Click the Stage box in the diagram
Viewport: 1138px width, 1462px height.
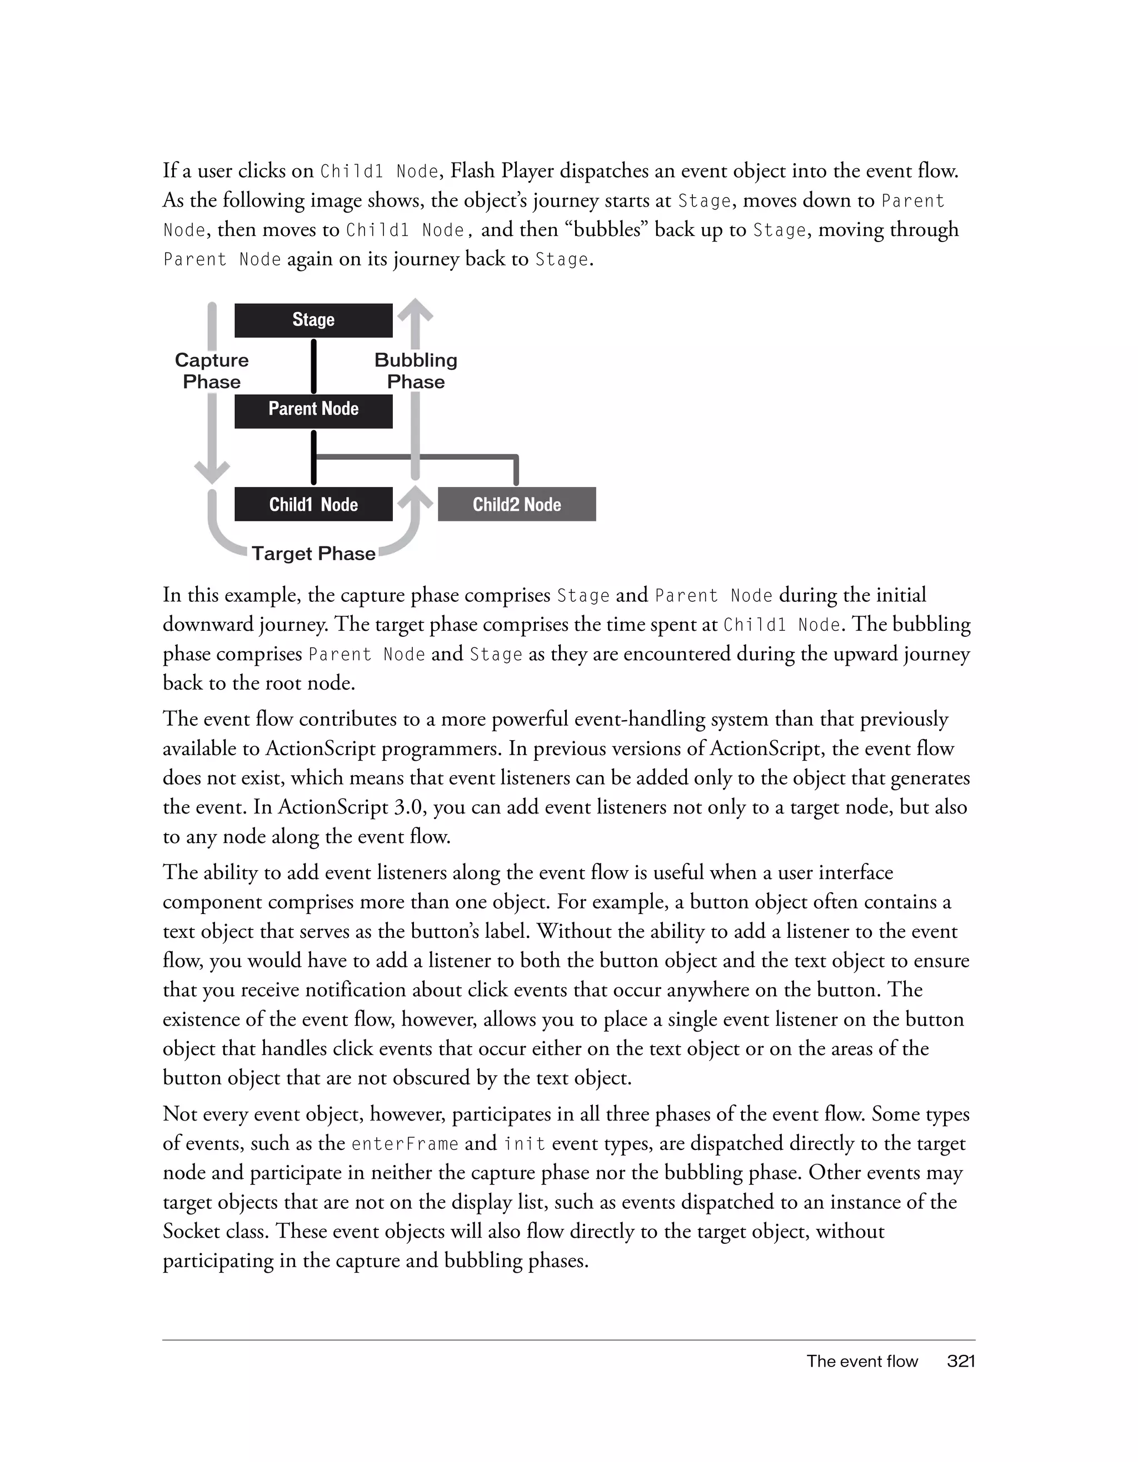point(313,320)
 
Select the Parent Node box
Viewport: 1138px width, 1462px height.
point(313,410)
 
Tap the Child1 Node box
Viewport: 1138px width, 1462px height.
point(313,504)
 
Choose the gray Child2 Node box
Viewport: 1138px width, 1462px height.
point(516,504)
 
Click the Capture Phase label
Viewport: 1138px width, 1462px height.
point(212,371)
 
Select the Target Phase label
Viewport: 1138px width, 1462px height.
point(313,554)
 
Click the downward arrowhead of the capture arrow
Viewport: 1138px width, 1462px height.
point(212,472)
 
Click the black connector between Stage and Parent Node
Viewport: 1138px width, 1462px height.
point(313,366)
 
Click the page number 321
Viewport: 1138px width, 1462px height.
point(961,1361)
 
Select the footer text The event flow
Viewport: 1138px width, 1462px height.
point(861,1361)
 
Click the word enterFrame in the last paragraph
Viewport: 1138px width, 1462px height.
point(405,1143)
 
